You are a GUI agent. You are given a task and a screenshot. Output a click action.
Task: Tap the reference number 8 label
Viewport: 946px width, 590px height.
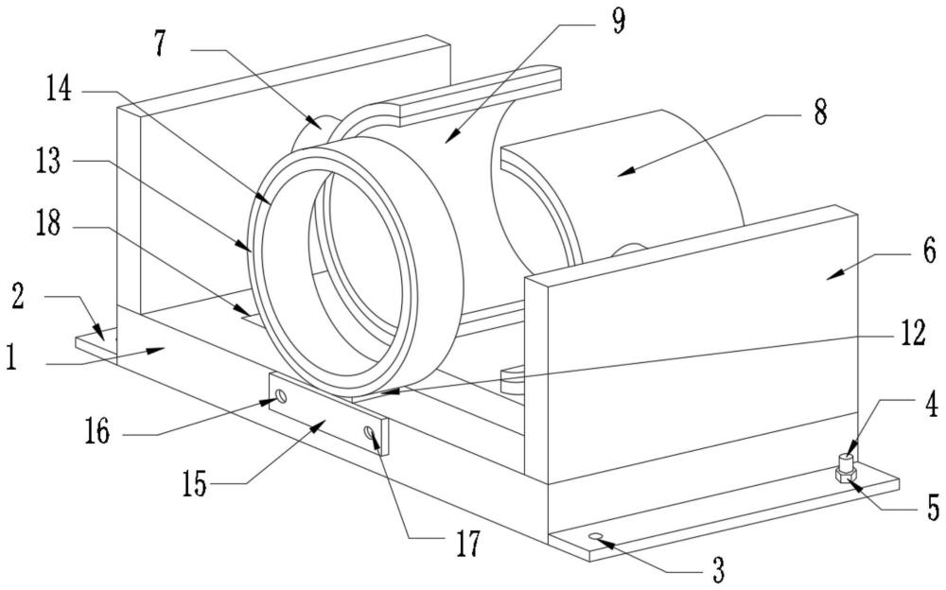pyautogui.click(x=818, y=113)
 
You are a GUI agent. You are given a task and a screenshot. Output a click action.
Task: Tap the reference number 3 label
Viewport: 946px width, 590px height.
pyautogui.click(x=718, y=569)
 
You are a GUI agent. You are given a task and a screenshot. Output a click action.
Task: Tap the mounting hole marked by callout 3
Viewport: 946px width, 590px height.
pyautogui.click(x=597, y=537)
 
